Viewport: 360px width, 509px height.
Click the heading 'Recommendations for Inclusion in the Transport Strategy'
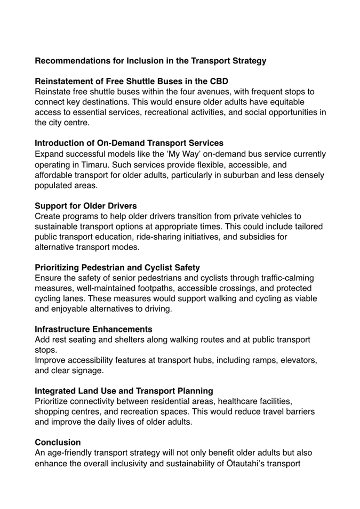coord(150,61)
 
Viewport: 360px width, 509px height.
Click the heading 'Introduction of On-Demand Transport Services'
coord(129,143)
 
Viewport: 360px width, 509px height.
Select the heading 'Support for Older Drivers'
coord(86,205)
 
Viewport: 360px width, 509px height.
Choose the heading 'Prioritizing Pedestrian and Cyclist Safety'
coord(117,267)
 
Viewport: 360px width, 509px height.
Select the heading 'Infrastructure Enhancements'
coord(93,329)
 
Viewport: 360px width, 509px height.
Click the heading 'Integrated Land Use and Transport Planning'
coord(124,391)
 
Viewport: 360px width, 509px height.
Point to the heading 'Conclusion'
coord(58,442)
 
